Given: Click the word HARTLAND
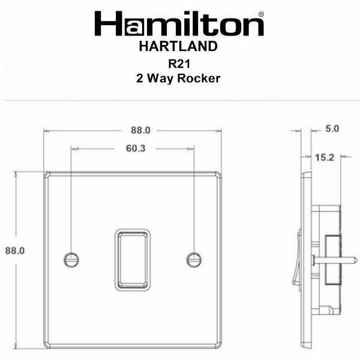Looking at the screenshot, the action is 178,46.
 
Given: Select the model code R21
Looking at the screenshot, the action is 179,64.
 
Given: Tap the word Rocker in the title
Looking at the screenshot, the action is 199,78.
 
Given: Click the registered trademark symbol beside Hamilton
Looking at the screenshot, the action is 261,14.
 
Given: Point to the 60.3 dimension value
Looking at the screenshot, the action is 136,149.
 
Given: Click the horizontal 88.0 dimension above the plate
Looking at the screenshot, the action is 140,130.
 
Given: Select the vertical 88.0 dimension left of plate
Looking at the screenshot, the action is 15,250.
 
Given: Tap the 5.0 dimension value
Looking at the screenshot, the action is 332,129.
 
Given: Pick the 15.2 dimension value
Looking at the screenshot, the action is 325,157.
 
